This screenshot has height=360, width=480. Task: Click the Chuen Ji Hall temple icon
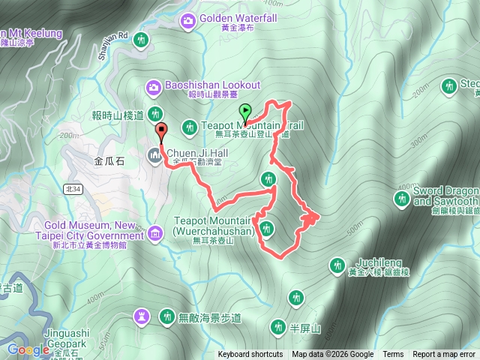155,155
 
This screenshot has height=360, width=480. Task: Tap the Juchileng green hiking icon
337,265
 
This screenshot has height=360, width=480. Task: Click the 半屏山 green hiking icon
277,326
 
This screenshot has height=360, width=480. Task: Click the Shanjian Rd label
112,45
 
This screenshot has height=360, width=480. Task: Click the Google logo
28,349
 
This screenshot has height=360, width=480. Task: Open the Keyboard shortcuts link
250,355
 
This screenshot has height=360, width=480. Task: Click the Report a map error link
444,355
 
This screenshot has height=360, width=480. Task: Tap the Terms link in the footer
393,355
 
